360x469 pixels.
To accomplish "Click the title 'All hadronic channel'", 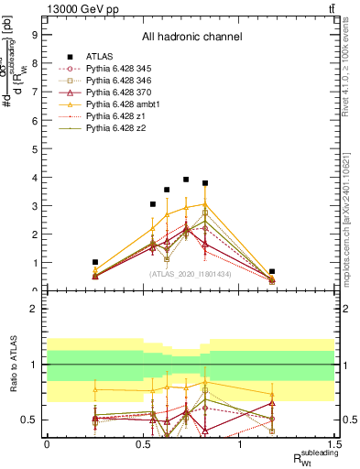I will click(x=191, y=38).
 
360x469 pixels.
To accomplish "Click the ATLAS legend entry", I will click(x=100, y=56).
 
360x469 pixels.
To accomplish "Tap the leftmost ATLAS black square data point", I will click(x=95, y=262).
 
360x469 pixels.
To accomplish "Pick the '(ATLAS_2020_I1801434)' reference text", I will click(x=191, y=274).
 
